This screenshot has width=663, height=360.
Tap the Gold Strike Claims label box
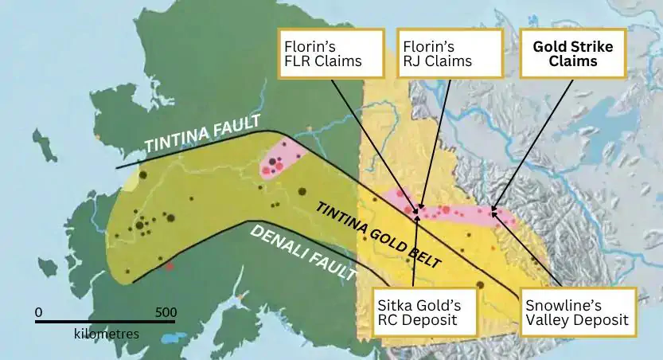[x=572, y=53]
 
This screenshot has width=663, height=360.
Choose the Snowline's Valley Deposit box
[x=576, y=311]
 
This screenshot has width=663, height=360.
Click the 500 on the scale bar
[x=166, y=311]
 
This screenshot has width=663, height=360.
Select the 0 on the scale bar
[x=38, y=311]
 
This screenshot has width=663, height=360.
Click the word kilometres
[x=106, y=334]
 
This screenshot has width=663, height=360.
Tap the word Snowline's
[x=560, y=303]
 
